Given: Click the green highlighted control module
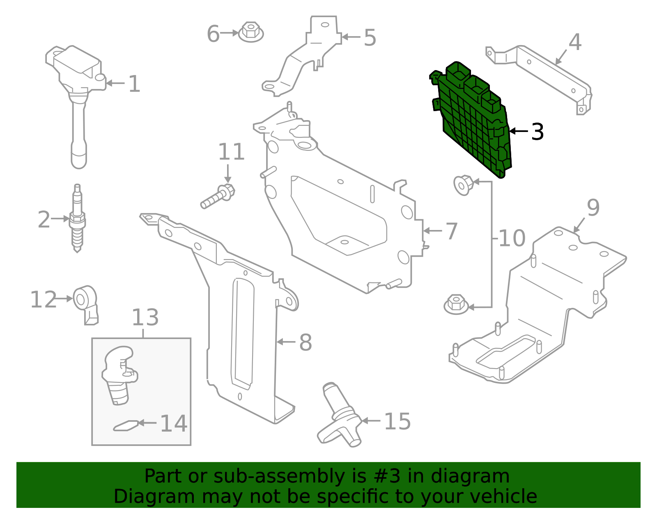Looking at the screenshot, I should [x=472, y=119].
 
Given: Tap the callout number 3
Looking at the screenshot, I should [x=537, y=132].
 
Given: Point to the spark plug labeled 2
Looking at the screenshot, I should [x=77, y=219].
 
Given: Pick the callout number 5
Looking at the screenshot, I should [x=370, y=38].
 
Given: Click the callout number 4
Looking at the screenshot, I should [x=575, y=42].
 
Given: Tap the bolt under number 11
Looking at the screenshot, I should [x=217, y=197].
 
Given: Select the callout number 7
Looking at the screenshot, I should [x=452, y=231].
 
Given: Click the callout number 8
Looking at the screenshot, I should [x=306, y=342].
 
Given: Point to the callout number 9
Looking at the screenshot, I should [x=593, y=208].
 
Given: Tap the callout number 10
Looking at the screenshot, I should [x=512, y=238].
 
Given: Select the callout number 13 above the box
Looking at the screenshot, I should [x=145, y=318].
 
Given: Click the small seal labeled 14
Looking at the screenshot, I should [x=126, y=426].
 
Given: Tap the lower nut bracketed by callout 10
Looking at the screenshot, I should [x=456, y=304].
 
